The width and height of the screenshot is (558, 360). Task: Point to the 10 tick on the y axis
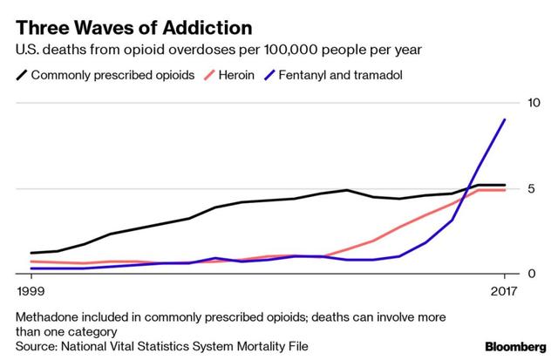click(x=536, y=103)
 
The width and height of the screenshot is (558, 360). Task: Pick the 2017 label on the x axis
click(x=505, y=290)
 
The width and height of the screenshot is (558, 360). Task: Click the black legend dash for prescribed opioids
click(x=21, y=75)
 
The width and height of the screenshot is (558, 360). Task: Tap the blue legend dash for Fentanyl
click(x=272, y=75)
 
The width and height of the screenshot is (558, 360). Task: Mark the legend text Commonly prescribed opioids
click(x=113, y=75)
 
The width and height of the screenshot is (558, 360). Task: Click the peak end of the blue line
click(x=505, y=119)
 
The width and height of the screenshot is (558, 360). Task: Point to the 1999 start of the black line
click(x=31, y=253)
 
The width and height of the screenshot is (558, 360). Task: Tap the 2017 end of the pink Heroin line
click(x=505, y=189)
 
